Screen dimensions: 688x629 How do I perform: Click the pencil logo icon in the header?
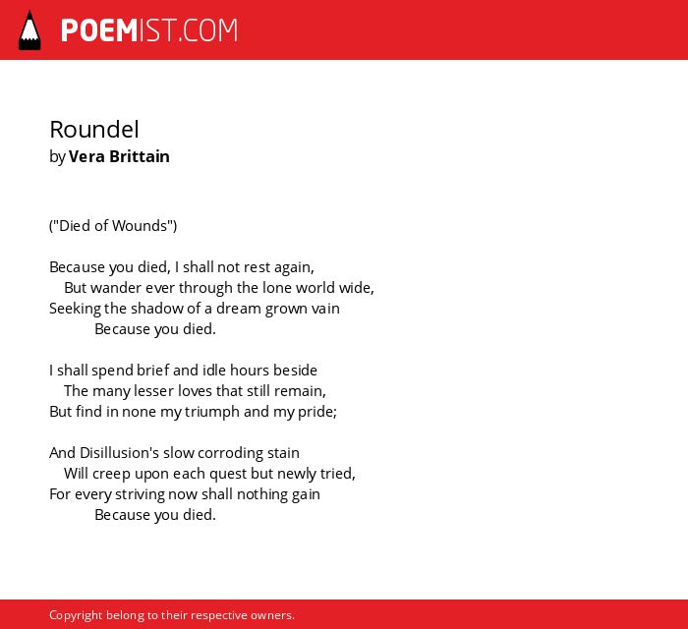pos(29,30)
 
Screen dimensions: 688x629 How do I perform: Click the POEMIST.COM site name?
pos(149,30)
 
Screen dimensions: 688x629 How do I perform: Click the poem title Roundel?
pos(94,130)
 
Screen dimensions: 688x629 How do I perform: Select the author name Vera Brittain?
pos(119,156)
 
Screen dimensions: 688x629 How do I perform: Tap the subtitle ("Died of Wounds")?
pos(113,225)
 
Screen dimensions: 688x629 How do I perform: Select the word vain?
pos(325,309)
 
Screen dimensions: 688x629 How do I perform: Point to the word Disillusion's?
pos(119,453)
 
